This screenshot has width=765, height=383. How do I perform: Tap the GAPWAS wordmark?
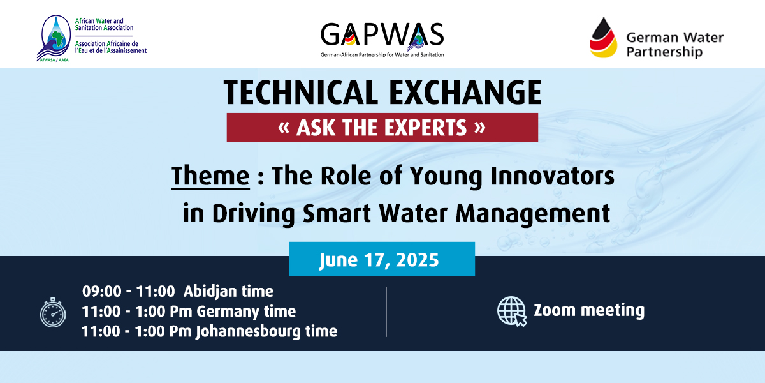(x=382, y=34)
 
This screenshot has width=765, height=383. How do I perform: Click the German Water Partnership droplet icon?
(x=603, y=38)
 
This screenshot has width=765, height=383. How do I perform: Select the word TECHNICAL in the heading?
(x=301, y=93)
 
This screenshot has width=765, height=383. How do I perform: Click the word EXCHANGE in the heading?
(x=465, y=93)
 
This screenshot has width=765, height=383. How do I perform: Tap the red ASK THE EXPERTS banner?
(x=382, y=127)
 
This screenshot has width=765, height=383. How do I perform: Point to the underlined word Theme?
(x=210, y=176)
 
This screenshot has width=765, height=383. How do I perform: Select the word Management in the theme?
(x=533, y=214)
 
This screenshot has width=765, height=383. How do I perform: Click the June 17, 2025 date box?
(x=382, y=259)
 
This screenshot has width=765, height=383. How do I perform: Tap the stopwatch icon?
(x=53, y=313)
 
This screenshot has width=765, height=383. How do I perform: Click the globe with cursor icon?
(x=512, y=312)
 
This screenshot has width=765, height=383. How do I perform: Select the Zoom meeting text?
(x=589, y=310)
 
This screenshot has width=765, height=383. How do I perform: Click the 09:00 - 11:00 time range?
(x=128, y=291)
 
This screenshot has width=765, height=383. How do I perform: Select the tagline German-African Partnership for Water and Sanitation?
(x=382, y=55)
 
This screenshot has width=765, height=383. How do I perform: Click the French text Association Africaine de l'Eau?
(x=111, y=47)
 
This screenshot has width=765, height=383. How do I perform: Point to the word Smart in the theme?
(x=337, y=214)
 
